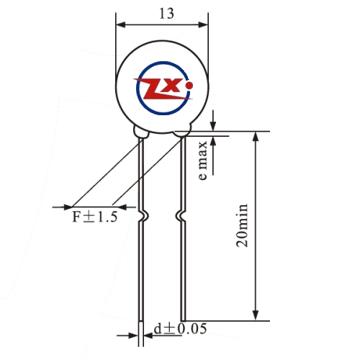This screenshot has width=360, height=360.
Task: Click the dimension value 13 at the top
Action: pos(166,14)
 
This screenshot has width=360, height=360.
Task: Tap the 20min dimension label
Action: pos(242,225)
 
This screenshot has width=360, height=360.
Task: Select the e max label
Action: pos(203,161)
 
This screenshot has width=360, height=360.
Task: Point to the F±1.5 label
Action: pos(95,217)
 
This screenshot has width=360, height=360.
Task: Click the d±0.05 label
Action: pos(180,329)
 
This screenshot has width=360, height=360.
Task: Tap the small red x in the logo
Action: pos(171,86)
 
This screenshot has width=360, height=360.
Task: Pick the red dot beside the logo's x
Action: pos(189,85)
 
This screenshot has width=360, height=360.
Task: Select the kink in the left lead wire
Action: pos(143,216)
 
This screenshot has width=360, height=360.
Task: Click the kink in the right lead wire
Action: pos(181,216)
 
